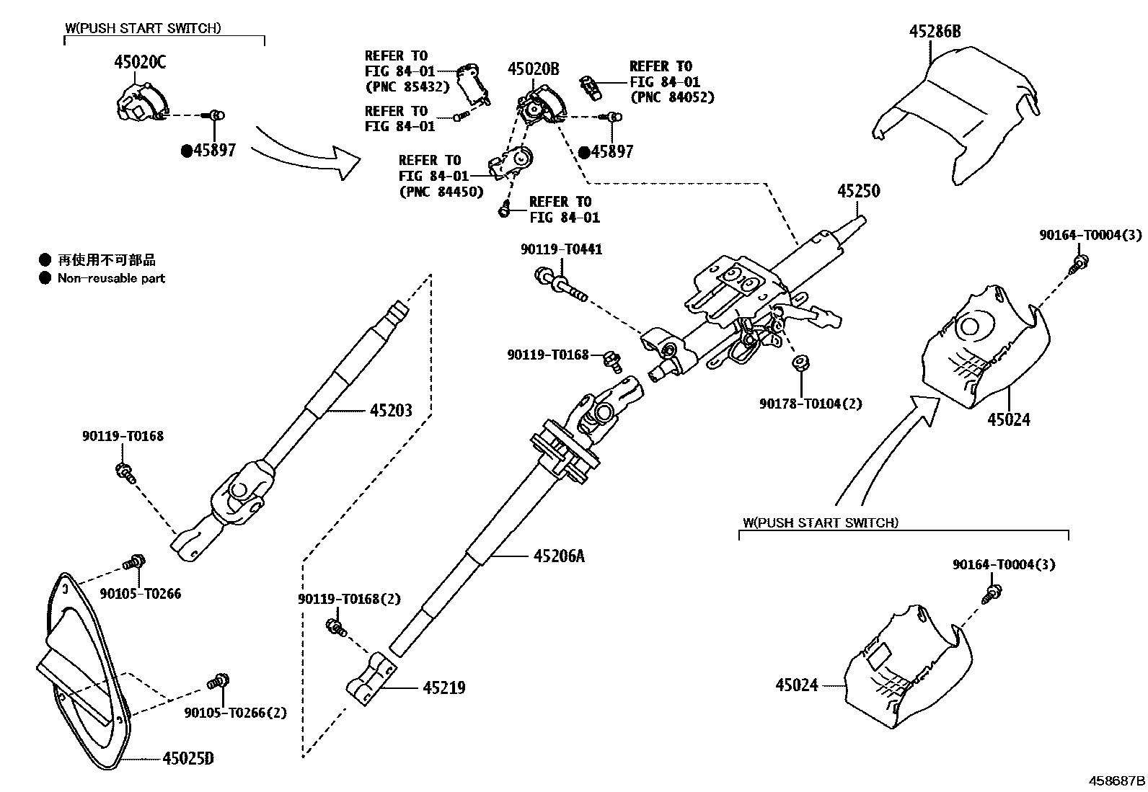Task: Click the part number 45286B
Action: [935, 32]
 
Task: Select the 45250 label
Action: [858, 192]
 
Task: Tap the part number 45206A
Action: [559, 556]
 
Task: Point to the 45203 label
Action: [391, 411]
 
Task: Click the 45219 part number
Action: [443, 688]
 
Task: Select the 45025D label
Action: [188, 758]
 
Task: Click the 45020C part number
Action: [139, 63]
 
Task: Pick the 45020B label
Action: [533, 69]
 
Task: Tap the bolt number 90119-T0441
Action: [561, 249]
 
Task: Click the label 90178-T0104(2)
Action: [810, 404]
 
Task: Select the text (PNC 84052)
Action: [672, 97]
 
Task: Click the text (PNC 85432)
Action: [407, 87]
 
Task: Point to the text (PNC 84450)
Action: [441, 192]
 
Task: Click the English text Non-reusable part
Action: [111, 278]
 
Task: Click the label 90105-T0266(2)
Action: [235, 713]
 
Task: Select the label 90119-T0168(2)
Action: [349, 599]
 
